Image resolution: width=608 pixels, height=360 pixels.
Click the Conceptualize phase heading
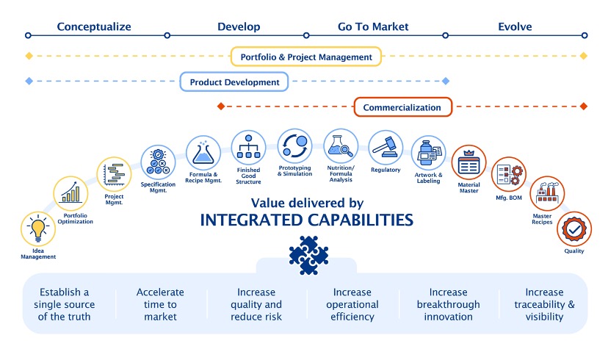94,26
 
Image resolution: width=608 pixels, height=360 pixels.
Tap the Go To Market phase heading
373,26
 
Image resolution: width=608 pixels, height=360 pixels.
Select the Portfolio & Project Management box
306,57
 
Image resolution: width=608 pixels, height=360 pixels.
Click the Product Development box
234,82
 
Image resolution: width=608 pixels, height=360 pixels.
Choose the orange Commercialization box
403,107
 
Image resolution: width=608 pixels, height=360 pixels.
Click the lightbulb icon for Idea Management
38,229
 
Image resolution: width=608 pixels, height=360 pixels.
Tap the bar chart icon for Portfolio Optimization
70,193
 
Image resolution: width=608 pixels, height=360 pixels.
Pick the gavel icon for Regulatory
386,148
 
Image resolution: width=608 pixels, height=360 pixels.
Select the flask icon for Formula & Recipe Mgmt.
203,153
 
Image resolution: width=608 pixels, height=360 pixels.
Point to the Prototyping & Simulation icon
294,146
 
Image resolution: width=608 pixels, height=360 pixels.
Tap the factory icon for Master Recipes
547,193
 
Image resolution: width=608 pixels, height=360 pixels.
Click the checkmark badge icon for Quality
574,229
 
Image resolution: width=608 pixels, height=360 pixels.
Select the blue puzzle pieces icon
308,255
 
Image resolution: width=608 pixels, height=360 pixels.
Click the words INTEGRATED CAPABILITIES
306,220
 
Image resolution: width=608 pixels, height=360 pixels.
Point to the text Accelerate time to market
160,304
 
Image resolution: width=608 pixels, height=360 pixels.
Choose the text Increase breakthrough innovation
448,304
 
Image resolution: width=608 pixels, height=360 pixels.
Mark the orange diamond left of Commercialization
221,107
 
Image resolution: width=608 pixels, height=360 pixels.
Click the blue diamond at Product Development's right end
446,81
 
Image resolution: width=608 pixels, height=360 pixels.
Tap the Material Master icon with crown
468,162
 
